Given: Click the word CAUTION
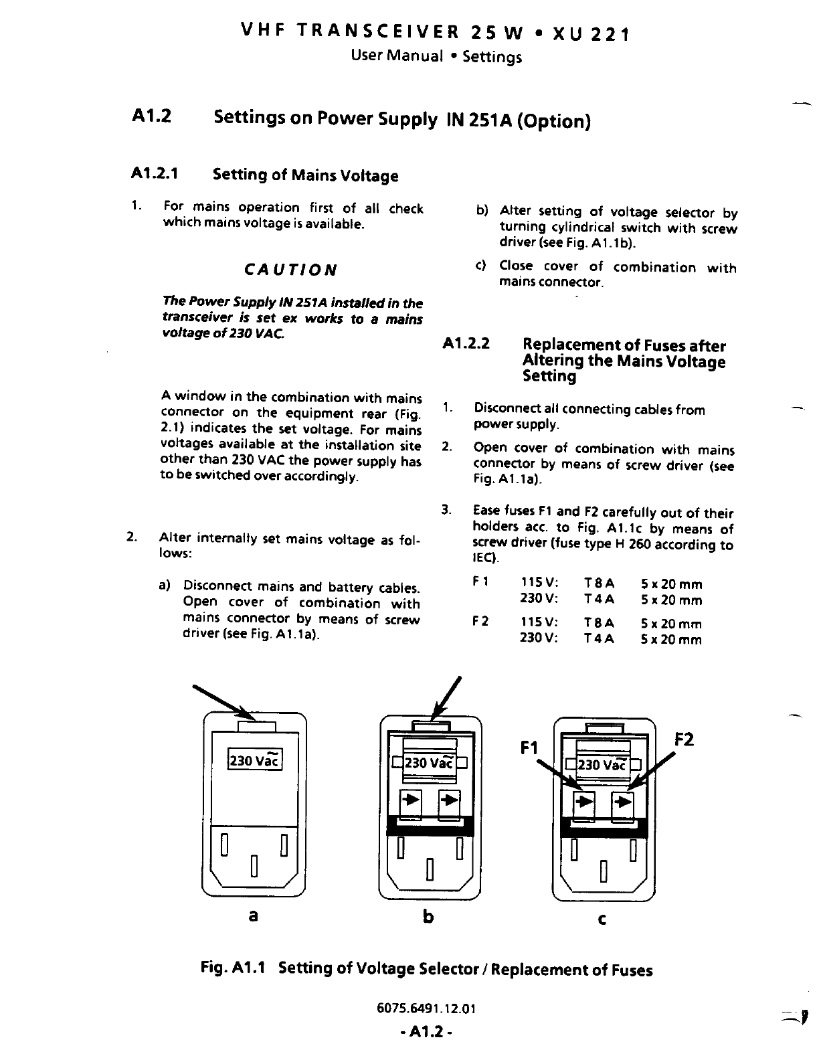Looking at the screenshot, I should pos(290,270).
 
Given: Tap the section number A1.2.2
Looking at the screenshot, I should pos(466,344).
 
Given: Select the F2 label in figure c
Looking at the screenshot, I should pos(684,739).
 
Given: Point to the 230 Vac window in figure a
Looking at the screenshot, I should pos(255,760).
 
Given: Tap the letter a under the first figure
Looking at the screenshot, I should pos(253,915).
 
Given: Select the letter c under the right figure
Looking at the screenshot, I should pos(602,920).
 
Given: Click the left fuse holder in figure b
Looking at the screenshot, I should pos(410,801).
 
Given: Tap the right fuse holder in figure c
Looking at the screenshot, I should pos(624,802).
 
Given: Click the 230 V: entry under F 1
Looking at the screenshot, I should pos(539,600).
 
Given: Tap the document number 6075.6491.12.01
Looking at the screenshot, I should pos(426,1009).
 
